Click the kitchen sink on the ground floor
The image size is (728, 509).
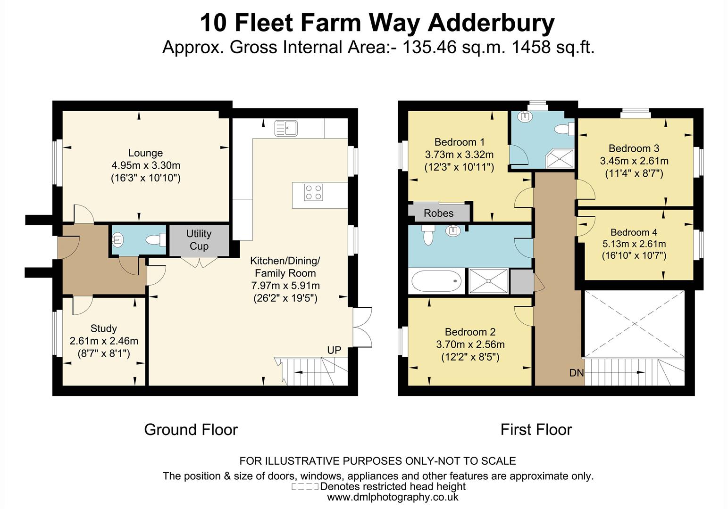click(x=286, y=128)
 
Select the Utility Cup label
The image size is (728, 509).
click(x=199, y=240)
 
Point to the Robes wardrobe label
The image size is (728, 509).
click(x=438, y=213)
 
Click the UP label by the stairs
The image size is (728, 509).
click(x=334, y=350)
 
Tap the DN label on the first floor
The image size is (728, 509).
click(x=577, y=373)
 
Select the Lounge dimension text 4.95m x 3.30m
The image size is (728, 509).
click(x=146, y=165)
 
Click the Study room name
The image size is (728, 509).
click(x=104, y=328)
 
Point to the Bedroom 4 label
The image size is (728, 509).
click(x=634, y=232)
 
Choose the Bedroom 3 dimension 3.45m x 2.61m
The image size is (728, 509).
click(x=634, y=161)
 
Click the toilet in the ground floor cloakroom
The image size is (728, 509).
click(x=156, y=240)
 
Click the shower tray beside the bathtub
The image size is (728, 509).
click(x=488, y=281)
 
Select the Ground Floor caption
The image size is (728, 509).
click(x=191, y=430)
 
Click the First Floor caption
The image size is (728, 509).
click(x=536, y=430)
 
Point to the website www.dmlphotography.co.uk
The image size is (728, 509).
click(x=393, y=497)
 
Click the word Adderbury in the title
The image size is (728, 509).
click(x=491, y=23)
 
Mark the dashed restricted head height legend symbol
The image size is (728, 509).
click(x=305, y=486)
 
